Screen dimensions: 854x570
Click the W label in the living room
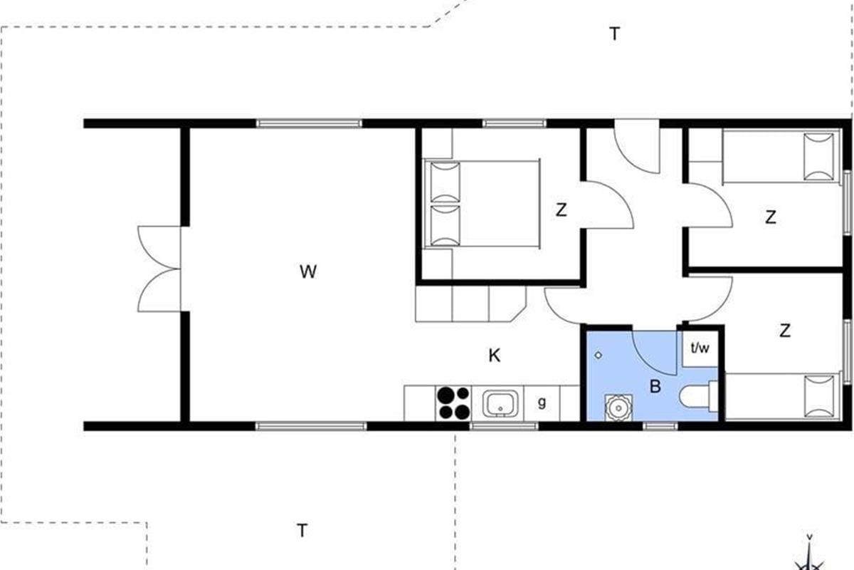click(x=308, y=272)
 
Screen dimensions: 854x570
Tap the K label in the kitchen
click(x=495, y=356)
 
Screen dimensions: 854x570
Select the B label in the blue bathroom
click(x=655, y=386)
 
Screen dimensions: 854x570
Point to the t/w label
click(x=700, y=348)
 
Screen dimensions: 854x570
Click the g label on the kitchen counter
click(x=542, y=403)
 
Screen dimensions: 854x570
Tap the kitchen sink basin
click(x=500, y=403)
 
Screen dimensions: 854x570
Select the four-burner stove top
click(x=453, y=403)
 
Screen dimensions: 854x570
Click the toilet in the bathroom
click(x=698, y=396)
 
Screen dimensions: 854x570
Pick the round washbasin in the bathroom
click(x=618, y=408)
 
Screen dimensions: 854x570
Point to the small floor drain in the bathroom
click(x=599, y=355)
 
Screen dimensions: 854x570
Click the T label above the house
click(x=614, y=34)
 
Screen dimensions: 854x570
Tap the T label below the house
click(x=302, y=530)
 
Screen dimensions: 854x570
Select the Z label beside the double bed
click(x=562, y=210)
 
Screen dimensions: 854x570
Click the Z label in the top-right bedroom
click(x=771, y=217)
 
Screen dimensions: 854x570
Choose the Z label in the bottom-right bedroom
click(x=784, y=331)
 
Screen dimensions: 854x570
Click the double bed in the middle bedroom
click(x=482, y=204)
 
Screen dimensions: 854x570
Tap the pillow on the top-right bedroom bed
click(x=818, y=157)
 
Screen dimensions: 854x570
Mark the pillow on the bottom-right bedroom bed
click(x=819, y=396)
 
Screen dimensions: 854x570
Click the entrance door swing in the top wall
click(x=637, y=147)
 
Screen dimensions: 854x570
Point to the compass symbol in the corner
click(x=809, y=557)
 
